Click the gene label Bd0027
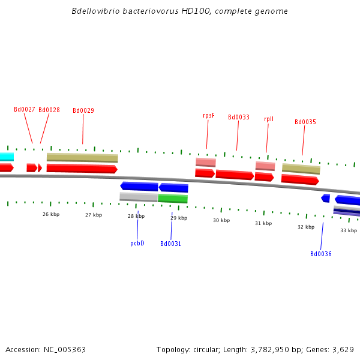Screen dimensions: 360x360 [25, 109]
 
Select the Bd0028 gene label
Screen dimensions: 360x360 [49, 110]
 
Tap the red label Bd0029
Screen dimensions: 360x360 [83, 110]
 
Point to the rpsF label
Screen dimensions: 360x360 [209, 115]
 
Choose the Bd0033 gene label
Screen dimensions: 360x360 [239, 117]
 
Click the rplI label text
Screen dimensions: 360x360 [269, 119]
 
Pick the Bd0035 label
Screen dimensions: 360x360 [305, 122]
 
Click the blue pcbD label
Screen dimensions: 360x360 [137, 243]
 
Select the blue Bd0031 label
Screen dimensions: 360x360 [170, 244]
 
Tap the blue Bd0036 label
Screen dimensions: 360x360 [321, 254]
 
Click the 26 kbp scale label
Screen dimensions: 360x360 [51, 214]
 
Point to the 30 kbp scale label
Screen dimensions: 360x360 [221, 220]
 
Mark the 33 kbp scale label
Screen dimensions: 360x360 [349, 230]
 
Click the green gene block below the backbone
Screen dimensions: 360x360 [173, 199]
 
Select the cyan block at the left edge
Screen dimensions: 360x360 [7, 157]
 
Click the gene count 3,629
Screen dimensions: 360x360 [343, 349]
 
